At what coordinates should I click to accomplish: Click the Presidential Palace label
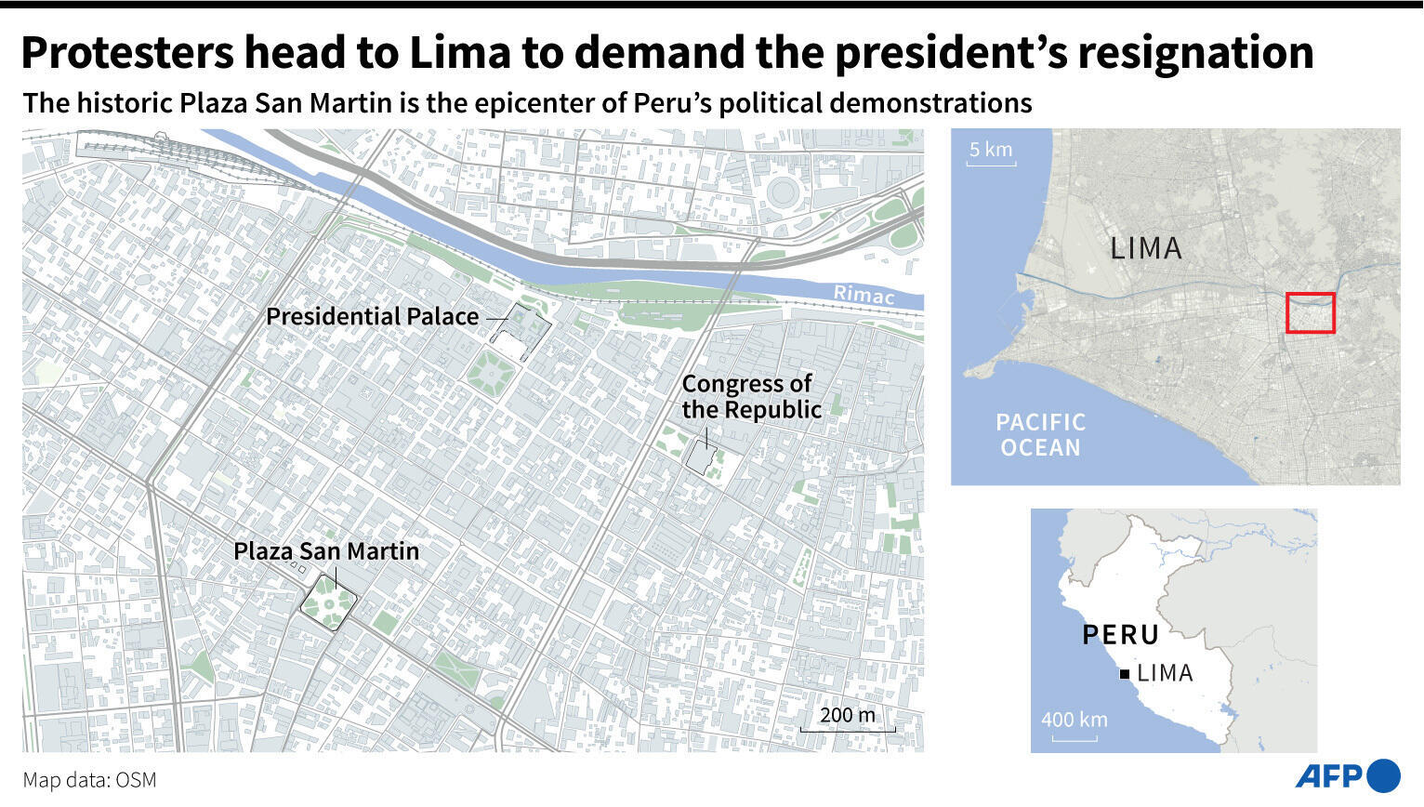[x=373, y=317]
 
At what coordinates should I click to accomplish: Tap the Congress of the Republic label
[x=751, y=397]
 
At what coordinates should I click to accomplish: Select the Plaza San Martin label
[x=326, y=551]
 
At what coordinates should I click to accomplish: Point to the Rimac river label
[x=864, y=295]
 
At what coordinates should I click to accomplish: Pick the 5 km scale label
[x=991, y=150]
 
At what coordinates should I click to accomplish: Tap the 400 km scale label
[x=1075, y=720]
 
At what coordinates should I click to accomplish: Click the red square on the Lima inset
[x=1310, y=312]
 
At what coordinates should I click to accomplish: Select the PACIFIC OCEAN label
[x=1040, y=435]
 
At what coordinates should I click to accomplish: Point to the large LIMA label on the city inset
[x=1146, y=248]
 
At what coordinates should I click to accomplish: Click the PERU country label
[x=1121, y=635]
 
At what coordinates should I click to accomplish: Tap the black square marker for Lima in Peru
[x=1125, y=674]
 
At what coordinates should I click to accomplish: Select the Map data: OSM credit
[x=90, y=780]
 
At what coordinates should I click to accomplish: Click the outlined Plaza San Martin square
[x=328, y=603]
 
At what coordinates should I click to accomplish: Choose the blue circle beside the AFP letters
[x=1384, y=776]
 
